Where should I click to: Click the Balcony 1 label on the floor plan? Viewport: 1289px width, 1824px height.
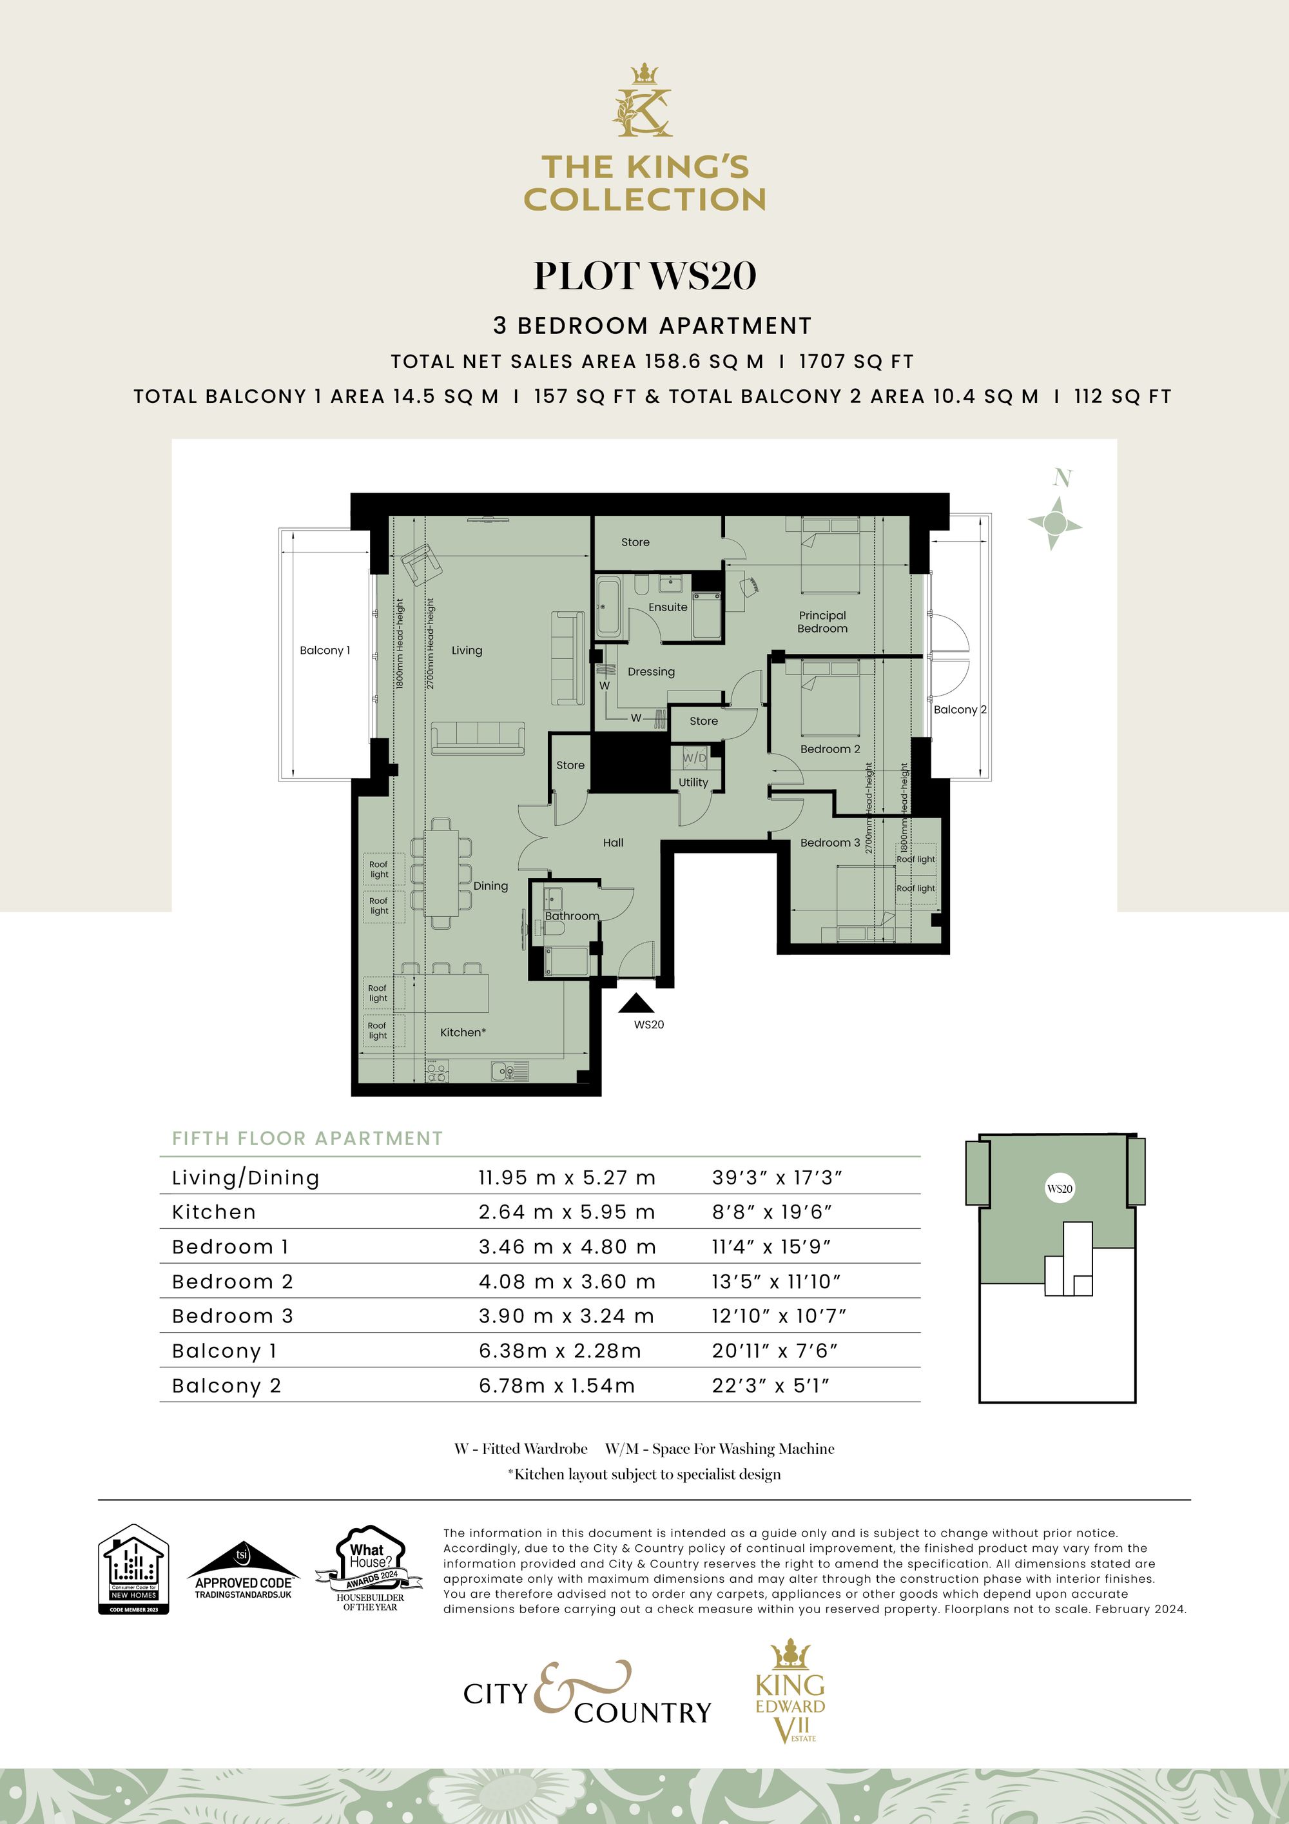tap(324, 650)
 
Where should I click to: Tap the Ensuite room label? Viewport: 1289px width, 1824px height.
tap(667, 607)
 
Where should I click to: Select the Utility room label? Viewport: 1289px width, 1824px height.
tap(693, 783)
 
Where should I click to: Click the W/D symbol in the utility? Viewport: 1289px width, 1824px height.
tap(693, 758)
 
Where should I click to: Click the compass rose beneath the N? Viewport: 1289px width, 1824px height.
tap(1054, 523)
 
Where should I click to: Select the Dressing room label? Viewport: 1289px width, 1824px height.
tap(650, 671)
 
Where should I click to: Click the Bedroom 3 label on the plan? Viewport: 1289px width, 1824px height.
tap(829, 842)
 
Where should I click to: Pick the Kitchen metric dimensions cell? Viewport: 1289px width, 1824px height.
tap(567, 1212)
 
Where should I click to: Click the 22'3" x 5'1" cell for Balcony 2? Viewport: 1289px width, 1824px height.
tap(770, 1386)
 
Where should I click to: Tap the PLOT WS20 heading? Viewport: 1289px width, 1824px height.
tap(644, 276)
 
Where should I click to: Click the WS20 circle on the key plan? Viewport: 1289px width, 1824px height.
tap(1060, 1190)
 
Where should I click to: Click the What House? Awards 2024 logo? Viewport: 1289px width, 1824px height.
tap(369, 1568)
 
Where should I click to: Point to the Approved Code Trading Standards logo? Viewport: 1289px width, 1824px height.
tap(243, 1571)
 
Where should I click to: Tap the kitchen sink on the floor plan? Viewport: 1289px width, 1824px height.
tap(505, 1072)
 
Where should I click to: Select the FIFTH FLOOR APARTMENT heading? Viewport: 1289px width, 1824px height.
tap(307, 1139)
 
